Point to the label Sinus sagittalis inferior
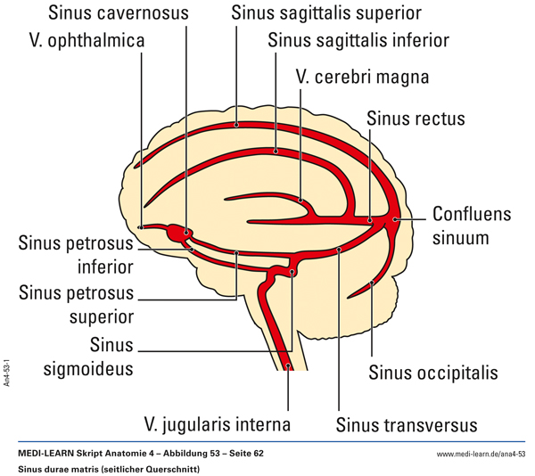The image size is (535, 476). tap(358, 42)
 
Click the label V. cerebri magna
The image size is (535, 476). tap(362, 78)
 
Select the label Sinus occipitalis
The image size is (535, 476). tap(432, 372)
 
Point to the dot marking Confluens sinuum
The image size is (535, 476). tap(395, 217)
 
